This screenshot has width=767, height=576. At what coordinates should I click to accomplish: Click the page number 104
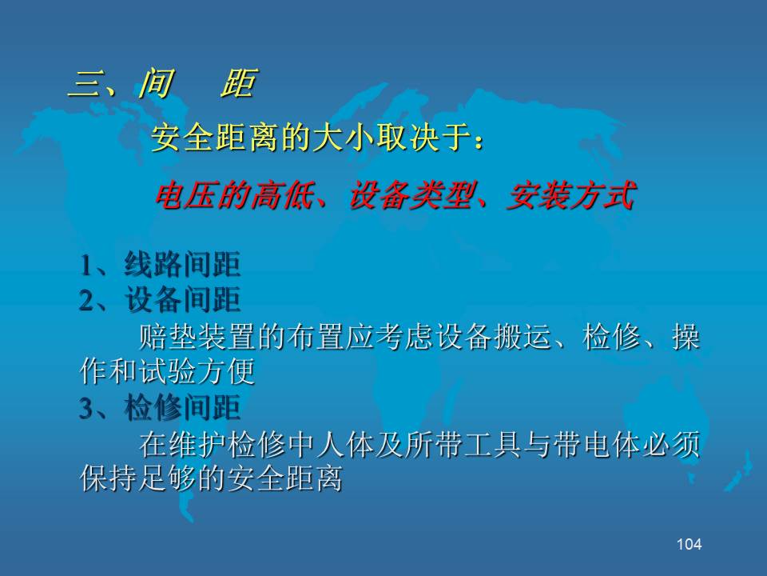(x=690, y=544)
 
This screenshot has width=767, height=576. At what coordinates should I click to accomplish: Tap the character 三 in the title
(x=84, y=84)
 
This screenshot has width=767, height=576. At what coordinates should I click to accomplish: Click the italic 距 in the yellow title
(x=239, y=83)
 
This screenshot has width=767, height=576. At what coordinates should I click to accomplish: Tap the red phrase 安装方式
(x=571, y=195)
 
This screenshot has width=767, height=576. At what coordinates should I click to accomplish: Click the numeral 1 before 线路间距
(x=86, y=266)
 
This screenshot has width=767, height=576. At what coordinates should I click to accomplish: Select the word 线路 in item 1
(x=153, y=265)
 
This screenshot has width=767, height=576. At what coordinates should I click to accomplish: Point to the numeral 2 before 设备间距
(x=86, y=300)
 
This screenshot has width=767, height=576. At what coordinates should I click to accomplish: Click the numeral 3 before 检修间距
(x=86, y=408)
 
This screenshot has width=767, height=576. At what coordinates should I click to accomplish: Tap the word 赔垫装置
(x=197, y=337)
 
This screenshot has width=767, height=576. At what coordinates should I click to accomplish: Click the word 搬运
(x=523, y=337)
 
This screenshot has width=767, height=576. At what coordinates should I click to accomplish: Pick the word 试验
(x=167, y=371)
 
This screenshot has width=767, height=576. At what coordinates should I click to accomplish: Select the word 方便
(x=226, y=371)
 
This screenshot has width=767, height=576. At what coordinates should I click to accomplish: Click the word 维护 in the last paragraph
(x=197, y=445)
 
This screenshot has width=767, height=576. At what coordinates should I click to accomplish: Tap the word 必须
(x=671, y=445)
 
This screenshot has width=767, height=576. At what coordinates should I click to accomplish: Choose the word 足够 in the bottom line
(x=167, y=478)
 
